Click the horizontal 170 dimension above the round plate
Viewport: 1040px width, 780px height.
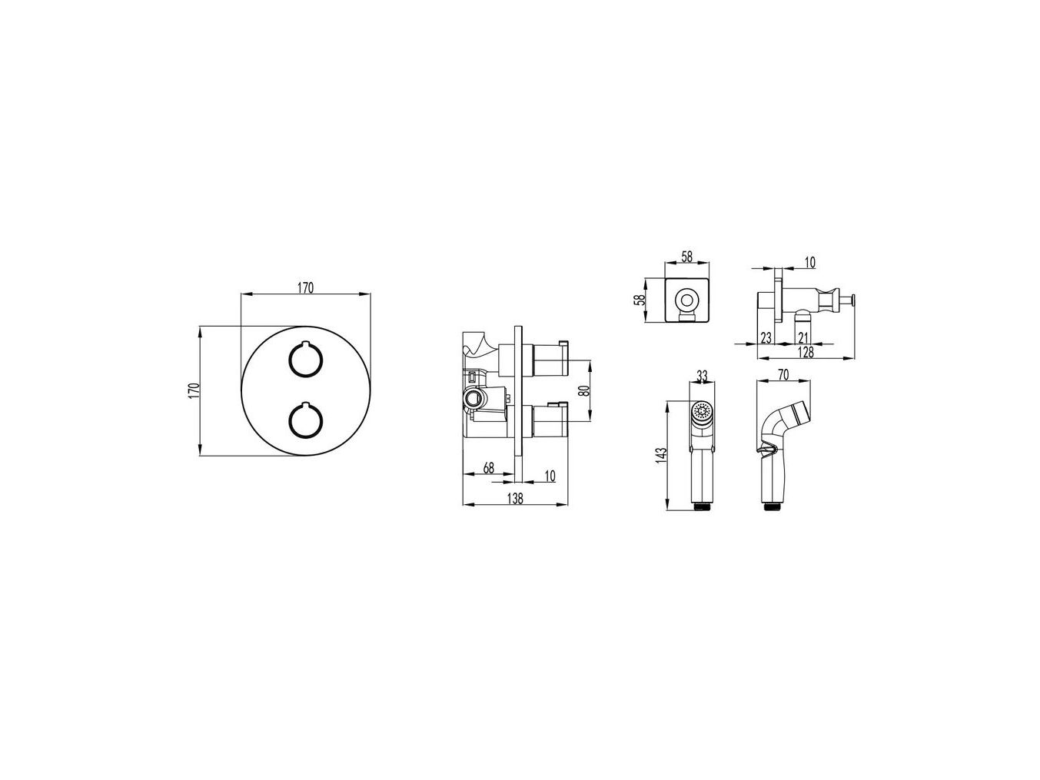[305, 288]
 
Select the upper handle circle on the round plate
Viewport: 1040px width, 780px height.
[306, 360]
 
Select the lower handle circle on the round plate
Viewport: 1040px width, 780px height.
[306, 420]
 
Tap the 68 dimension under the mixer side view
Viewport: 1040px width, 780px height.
[489, 468]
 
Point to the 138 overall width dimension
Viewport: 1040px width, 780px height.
[515, 498]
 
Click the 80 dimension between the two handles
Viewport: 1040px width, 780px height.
[585, 390]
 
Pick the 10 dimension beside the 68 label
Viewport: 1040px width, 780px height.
[550, 476]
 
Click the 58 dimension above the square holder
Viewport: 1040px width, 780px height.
[686, 256]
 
